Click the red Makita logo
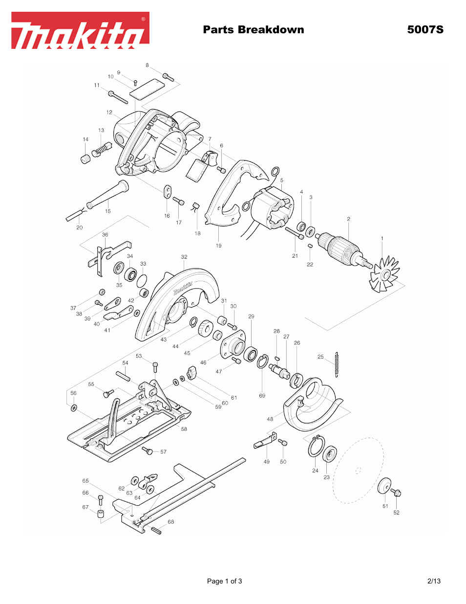80,30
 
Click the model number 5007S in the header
425,29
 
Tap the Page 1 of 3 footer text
224,581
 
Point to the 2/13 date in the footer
434,581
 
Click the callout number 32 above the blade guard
184,257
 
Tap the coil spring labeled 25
337,364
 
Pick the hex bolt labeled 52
397,493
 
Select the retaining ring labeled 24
315,447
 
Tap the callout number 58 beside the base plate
184,429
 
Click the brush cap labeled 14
85,158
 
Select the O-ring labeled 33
142,281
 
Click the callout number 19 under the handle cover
218,246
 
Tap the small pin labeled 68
156,530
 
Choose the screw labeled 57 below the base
148,450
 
